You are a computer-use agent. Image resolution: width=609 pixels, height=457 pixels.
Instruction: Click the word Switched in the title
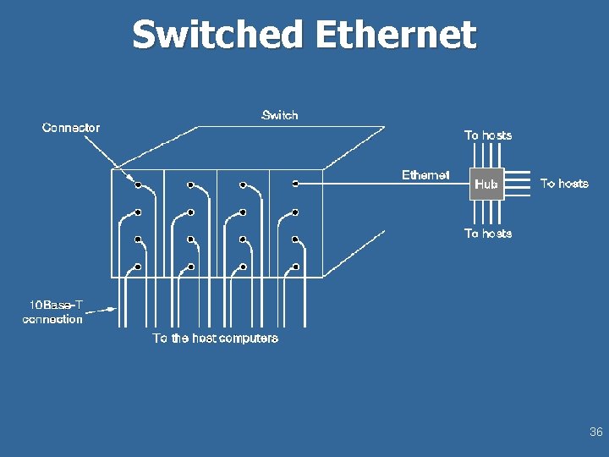[217, 36]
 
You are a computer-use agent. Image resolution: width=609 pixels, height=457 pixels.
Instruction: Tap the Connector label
[71, 128]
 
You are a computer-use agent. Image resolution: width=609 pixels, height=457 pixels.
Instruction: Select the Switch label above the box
[280, 115]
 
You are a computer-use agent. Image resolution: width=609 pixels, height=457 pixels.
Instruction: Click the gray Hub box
[486, 184]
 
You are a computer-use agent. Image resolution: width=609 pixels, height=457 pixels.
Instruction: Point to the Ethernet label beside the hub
[425, 175]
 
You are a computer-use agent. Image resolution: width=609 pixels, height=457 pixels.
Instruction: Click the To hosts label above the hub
[488, 135]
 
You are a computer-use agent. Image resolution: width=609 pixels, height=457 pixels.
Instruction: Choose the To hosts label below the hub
[488, 234]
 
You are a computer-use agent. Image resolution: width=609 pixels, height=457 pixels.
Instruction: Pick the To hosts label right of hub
[564, 184]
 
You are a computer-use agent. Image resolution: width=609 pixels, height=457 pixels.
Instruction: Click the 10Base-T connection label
[52, 311]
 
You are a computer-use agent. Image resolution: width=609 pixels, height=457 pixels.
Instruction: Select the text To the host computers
[215, 339]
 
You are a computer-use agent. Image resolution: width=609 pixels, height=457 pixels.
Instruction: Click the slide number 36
[595, 432]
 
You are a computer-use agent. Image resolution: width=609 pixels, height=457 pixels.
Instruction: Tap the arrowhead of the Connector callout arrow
[135, 182]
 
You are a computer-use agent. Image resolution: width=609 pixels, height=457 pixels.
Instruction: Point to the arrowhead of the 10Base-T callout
[112, 311]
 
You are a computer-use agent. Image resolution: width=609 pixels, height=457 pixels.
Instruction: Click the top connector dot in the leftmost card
[138, 184]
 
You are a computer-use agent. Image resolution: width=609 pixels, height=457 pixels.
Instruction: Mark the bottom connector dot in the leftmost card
[138, 267]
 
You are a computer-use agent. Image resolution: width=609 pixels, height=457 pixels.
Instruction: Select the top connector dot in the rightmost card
[295, 184]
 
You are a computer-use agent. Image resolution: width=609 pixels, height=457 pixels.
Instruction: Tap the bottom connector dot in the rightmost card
[295, 267]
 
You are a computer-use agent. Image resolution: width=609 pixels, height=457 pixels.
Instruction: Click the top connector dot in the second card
[190, 184]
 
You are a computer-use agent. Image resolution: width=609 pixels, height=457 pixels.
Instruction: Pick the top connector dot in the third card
[243, 184]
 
